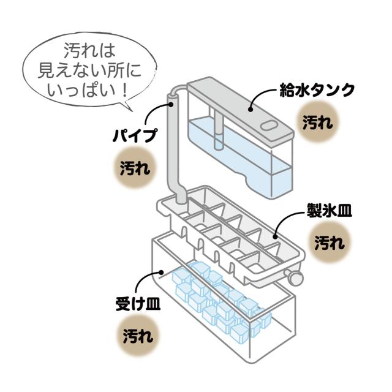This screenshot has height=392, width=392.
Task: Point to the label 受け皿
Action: [x=138, y=303]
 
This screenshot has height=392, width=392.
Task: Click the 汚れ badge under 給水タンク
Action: [x=317, y=122]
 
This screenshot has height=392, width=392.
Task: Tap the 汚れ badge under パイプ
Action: [x=134, y=167]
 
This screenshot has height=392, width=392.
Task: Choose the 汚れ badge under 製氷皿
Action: [x=331, y=243]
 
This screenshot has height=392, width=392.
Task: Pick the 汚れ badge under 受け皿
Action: [x=138, y=335]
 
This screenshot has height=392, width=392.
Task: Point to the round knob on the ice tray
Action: [x=298, y=279]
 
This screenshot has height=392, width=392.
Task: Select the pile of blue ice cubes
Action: [x=221, y=300]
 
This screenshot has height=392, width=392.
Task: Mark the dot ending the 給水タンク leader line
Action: [x=252, y=108]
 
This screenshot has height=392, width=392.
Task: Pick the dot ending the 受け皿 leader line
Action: [x=160, y=273]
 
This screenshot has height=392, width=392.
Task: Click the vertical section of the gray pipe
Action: [x=172, y=153]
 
